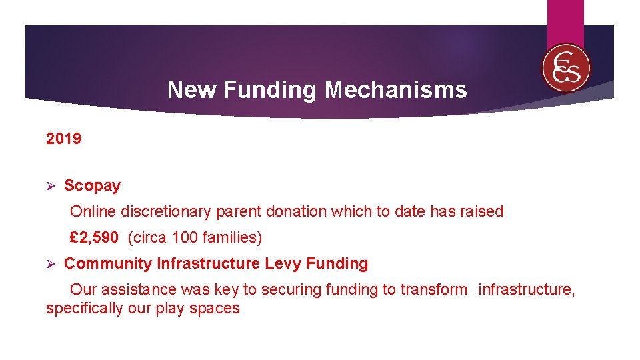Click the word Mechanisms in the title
(x=396, y=89)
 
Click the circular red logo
(x=566, y=68)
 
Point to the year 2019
(x=63, y=139)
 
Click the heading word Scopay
(x=92, y=185)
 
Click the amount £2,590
(x=95, y=237)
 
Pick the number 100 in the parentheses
(x=183, y=237)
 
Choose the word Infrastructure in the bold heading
(x=209, y=263)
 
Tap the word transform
(x=437, y=289)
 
